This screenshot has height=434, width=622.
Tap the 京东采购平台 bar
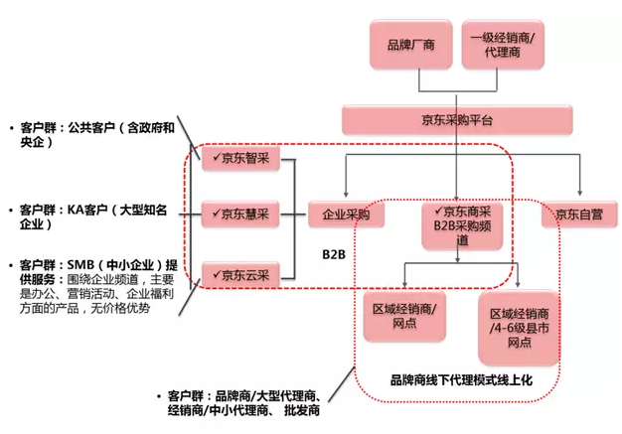pyautogui.click(x=458, y=121)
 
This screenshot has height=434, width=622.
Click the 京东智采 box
pyautogui.click(x=241, y=157)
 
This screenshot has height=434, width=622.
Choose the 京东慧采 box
pyautogui.click(x=241, y=213)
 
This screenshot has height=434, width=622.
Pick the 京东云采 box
pyautogui.click(x=241, y=273)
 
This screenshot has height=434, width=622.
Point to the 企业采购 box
pyautogui.click(x=345, y=214)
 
